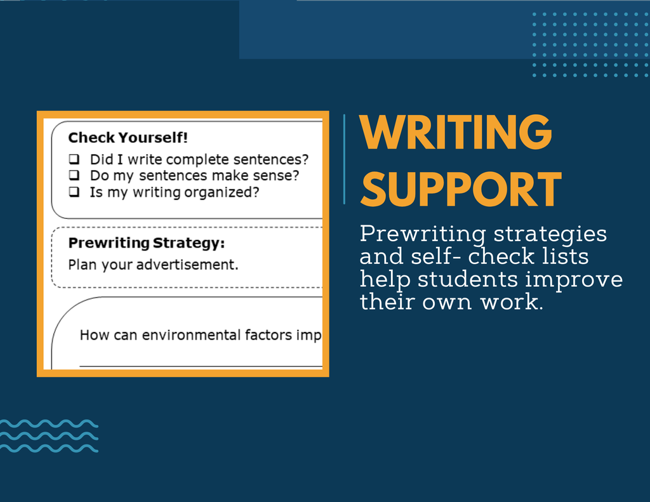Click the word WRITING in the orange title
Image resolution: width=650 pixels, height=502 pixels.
[456, 132]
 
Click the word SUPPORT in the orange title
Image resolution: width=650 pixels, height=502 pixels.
[461, 189]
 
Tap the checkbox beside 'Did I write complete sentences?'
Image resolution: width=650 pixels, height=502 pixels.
[74, 159]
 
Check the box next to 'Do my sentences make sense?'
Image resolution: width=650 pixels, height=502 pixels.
[74, 175]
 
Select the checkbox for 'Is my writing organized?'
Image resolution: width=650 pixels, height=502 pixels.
[74, 192]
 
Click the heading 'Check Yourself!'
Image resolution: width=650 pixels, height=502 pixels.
[128, 138]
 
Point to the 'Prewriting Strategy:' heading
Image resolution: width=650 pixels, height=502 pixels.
[147, 243]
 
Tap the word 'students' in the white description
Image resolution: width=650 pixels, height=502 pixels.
[468, 279]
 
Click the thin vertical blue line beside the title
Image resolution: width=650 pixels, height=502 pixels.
[344, 159]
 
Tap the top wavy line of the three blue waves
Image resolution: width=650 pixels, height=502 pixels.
[49, 424]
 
